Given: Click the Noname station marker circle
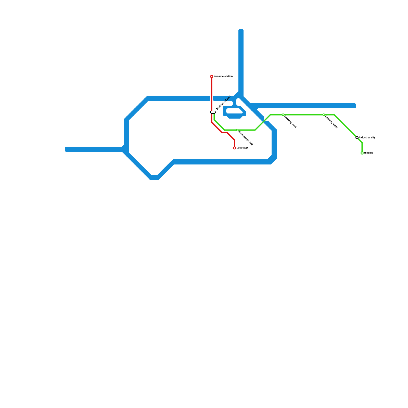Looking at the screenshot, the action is pyautogui.click(x=212, y=76).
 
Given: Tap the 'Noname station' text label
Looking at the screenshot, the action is pyautogui.click(x=223, y=76).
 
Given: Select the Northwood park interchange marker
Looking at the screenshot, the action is pyautogui.click(x=213, y=112).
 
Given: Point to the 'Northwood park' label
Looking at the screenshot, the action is pyautogui.click(x=223, y=103).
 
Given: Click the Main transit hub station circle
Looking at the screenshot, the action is pyautogui.click(x=237, y=130).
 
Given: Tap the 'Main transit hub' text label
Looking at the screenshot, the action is pyautogui.click(x=245, y=138).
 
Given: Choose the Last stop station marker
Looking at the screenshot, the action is pyautogui.click(x=235, y=148).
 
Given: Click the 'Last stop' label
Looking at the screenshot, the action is pyautogui.click(x=242, y=148).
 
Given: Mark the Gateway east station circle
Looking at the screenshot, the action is pyautogui.click(x=283, y=115).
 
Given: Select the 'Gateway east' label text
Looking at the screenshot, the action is pyautogui.click(x=290, y=122).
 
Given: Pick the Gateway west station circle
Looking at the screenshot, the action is pyautogui.click(x=324, y=115).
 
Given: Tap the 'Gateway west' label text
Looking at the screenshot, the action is pyautogui.click(x=331, y=122).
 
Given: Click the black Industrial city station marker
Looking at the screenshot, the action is pyautogui.click(x=357, y=138).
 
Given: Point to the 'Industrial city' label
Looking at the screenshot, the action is pyautogui.click(x=367, y=138).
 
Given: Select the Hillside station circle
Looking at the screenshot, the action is pyautogui.click(x=362, y=153).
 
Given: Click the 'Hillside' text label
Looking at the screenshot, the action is pyautogui.click(x=368, y=153).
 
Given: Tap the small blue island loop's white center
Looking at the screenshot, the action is pyautogui.click(x=234, y=111).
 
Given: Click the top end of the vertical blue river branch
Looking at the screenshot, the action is pyautogui.click(x=241, y=31).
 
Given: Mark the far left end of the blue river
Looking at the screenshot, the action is pyautogui.click(x=67, y=149).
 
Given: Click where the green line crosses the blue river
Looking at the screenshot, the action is pyautogui.click(x=264, y=121).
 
